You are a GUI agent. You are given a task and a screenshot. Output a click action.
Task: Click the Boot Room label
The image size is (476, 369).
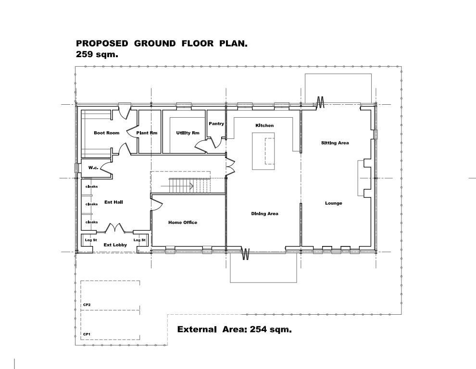pos(106,133)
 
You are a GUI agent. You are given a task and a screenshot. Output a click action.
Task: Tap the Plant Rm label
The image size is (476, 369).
pos(147,133)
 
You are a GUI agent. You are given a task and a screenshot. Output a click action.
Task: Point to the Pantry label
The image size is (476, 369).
pos(216,124)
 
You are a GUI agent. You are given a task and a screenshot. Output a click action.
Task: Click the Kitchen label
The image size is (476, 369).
pos(264,126)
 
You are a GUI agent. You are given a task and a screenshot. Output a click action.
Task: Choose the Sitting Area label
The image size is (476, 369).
pos(335,143)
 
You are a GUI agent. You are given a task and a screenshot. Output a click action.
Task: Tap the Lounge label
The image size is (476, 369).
pos(333,203)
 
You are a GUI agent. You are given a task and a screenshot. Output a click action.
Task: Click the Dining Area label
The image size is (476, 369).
pos(264,214)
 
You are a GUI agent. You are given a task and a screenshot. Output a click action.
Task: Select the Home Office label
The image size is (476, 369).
pos(183,222)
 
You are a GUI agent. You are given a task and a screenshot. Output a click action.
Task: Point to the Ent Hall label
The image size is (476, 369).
pos(113,202)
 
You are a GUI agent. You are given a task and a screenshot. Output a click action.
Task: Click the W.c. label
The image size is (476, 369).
pos(93,168)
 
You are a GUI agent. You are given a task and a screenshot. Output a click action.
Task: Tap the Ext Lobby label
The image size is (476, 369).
pos(115,245)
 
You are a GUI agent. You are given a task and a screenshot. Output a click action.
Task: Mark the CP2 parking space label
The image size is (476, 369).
pos(87,305)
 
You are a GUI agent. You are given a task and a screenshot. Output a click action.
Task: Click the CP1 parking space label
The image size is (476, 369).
pos(87,334)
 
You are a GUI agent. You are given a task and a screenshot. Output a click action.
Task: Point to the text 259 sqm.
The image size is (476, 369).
pos(97,55)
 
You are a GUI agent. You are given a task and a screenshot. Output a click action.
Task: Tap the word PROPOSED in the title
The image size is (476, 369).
pos(102,44)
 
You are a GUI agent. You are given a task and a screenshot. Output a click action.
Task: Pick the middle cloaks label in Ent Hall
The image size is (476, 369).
pos(91,204)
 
